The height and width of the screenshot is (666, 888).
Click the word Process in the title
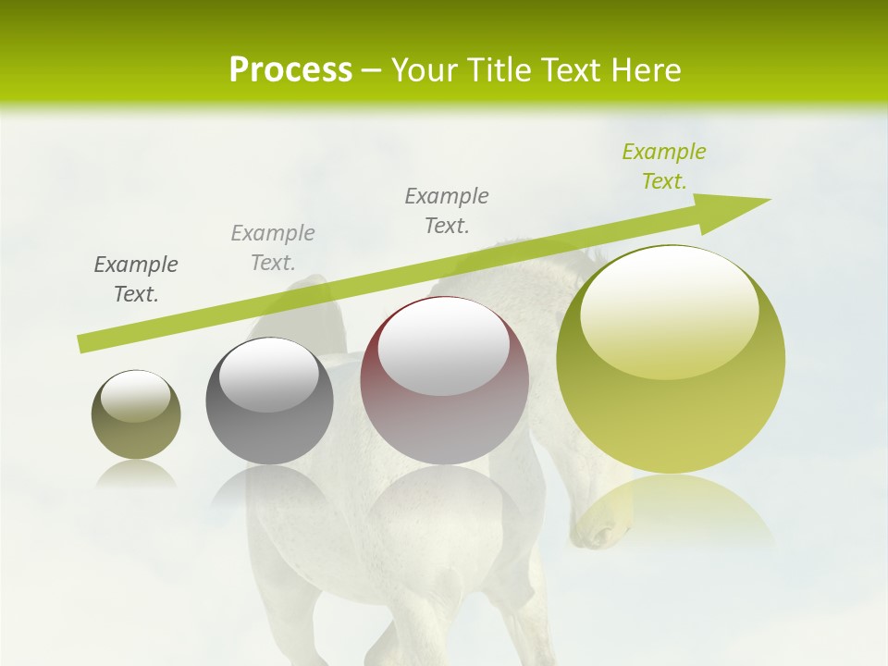[290, 69]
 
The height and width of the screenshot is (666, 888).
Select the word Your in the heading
[426, 69]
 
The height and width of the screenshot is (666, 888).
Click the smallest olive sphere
[136, 414]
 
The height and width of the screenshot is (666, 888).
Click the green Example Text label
[663, 166]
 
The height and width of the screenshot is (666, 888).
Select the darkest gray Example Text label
[136, 279]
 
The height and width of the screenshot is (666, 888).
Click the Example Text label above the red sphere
[447, 211]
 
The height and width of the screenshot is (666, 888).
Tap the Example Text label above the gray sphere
[273, 248]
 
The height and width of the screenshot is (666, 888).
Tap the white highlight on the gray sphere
[269, 375]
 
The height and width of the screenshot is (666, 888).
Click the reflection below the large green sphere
[671, 509]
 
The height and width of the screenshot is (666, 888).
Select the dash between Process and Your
[372, 70]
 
